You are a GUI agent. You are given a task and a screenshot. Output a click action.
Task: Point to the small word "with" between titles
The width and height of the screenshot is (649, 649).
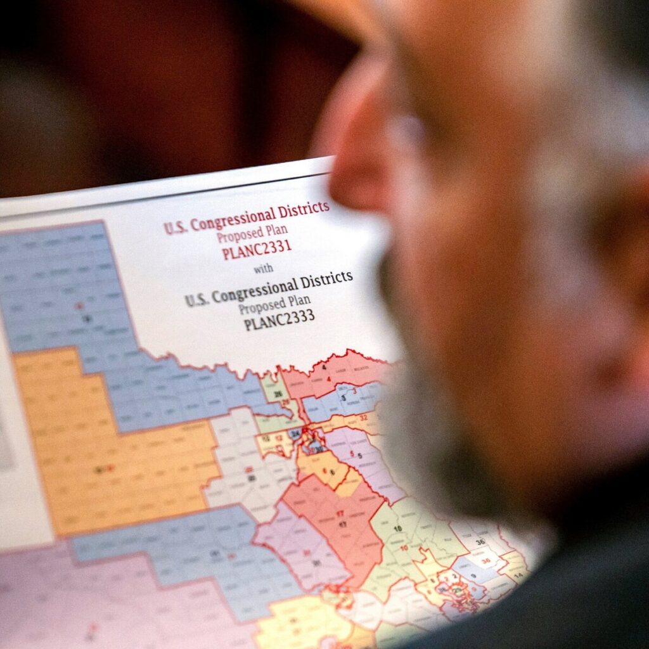point(264,269)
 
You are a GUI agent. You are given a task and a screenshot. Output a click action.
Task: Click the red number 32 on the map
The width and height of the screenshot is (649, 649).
point(364,418)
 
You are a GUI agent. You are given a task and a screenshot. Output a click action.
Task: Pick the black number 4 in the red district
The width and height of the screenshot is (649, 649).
point(324,367)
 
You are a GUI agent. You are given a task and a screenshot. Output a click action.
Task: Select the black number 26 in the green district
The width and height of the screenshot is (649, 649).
point(278,394)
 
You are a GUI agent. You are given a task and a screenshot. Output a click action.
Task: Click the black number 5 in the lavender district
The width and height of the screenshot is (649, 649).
point(359,455)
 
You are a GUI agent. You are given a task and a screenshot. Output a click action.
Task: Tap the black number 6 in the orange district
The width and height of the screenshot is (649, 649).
point(331,472)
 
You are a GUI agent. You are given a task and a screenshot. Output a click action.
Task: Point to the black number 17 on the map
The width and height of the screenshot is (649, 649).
point(343,524)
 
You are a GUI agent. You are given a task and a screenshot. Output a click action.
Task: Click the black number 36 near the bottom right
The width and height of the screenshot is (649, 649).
point(480,542)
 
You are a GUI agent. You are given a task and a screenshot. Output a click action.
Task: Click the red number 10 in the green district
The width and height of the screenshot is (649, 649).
point(404,548)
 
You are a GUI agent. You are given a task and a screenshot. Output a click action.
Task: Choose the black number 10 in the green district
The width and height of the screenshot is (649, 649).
point(398,528)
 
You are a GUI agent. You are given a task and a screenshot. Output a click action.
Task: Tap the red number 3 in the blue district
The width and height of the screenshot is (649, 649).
point(355,391)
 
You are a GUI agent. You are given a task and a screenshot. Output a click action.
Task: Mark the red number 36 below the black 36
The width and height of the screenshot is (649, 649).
point(485,560)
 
